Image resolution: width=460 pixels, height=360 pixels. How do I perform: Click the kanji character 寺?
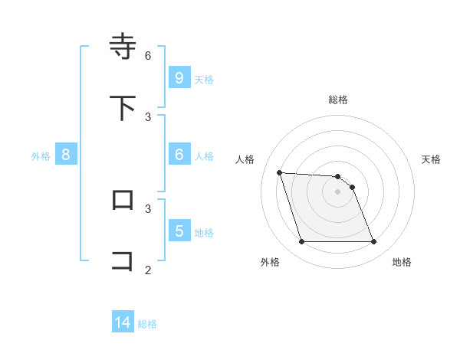pyautogui.click(x=123, y=46)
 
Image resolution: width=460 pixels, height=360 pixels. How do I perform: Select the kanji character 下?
pyautogui.click(x=123, y=108)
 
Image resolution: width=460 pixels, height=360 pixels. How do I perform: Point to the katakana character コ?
pyautogui.click(x=123, y=260)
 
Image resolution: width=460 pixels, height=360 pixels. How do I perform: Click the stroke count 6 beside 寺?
pyautogui.click(x=148, y=55)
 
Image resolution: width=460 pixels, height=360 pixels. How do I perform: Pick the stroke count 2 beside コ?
pyautogui.click(x=148, y=270)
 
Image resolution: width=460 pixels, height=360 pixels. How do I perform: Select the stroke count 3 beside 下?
pyautogui.click(x=148, y=116)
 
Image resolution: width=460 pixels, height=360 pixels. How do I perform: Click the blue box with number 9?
pyautogui.click(x=179, y=77)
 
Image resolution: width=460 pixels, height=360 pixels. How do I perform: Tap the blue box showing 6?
pyautogui.click(x=179, y=155)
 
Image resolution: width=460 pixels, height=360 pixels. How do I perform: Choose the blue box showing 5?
pyautogui.click(x=179, y=231)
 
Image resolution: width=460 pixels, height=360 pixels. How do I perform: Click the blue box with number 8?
pyautogui.click(x=66, y=155)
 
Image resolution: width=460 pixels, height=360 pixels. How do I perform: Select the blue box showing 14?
pyautogui.click(x=123, y=322)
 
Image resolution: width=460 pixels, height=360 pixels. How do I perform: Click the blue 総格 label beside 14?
pyautogui.click(x=147, y=324)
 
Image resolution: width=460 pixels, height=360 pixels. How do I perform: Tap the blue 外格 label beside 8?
pyautogui.click(x=41, y=156)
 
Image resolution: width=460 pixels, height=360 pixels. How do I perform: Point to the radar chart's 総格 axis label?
pyautogui.click(x=338, y=100)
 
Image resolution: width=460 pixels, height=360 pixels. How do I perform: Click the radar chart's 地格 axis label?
pyautogui.click(x=402, y=262)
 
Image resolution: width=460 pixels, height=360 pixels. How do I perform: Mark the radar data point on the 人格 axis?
pyautogui.click(x=279, y=172)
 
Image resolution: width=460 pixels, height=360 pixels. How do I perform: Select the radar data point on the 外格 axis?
pyautogui.click(x=301, y=242)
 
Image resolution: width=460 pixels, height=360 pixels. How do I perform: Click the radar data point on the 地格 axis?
pyautogui.click(x=374, y=242)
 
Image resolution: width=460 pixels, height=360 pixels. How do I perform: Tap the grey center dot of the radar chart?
pyautogui.click(x=338, y=191)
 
